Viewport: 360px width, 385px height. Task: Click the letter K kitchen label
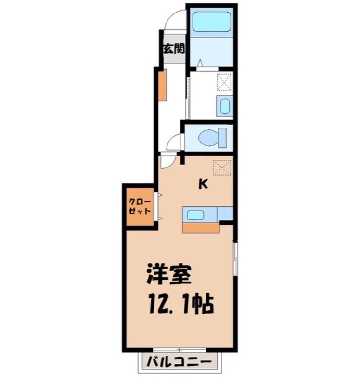point(204,184)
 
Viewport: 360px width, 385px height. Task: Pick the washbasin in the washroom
point(224,105)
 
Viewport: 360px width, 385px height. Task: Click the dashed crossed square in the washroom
point(225,81)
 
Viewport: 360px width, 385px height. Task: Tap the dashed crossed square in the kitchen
point(222,167)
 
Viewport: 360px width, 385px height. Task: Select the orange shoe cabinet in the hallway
point(163,85)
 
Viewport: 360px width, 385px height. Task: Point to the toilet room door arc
point(174,143)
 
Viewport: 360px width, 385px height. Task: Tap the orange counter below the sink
point(201,227)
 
